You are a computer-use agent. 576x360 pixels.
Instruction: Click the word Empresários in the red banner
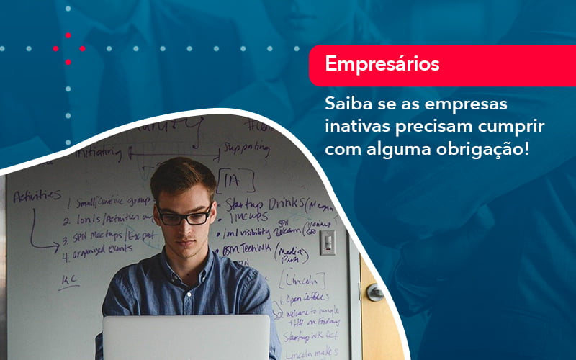coord(382,64)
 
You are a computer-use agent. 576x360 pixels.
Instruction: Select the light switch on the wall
coord(327,243)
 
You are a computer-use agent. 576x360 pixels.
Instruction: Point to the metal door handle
coord(374,292)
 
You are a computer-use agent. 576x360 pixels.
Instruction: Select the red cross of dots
coord(68,48)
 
